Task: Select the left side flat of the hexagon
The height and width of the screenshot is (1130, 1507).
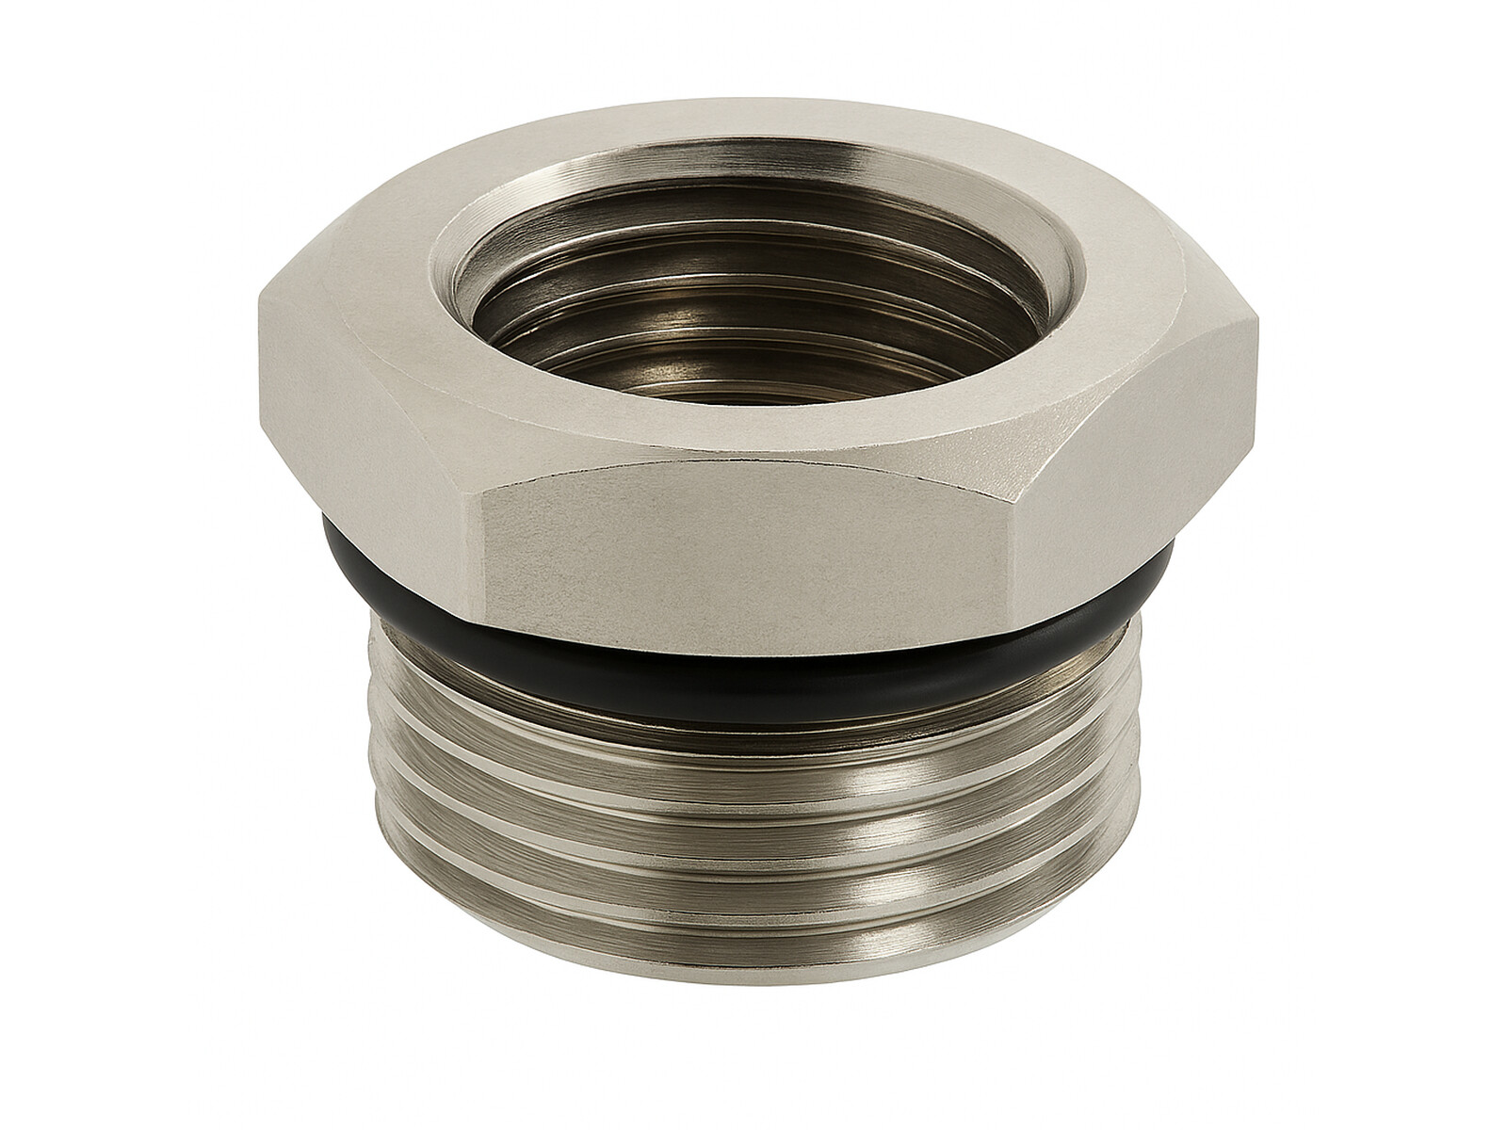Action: pyautogui.click(x=367, y=424)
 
